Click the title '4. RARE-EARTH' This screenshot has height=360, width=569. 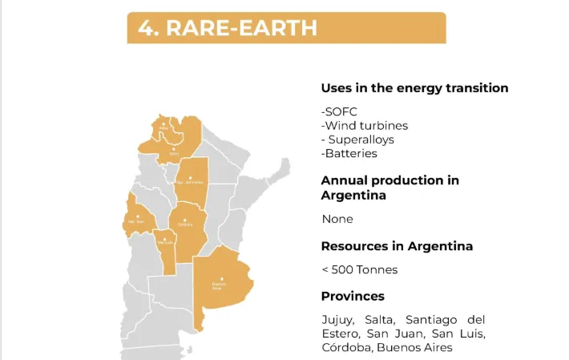[228, 28]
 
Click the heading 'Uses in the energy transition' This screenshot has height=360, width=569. [414, 88]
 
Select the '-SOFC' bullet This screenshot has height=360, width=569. [339, 111]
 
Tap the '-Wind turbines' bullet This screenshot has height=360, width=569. [365, 125]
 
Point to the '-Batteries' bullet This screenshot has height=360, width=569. [349, 153]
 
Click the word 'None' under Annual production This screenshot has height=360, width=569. [337, 219]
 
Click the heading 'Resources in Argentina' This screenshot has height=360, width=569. [397, 246]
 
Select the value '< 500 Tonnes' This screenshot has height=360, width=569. [359, 269]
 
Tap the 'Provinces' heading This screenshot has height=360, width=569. [353, 296]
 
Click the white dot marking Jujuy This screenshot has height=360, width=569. [163, 123]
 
